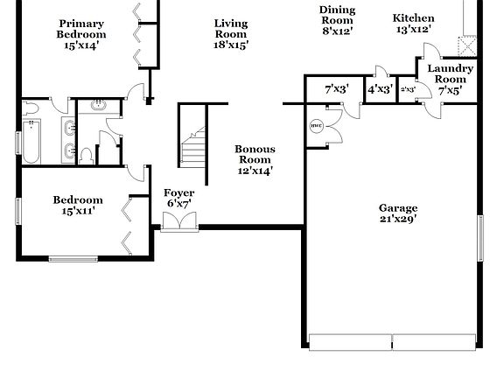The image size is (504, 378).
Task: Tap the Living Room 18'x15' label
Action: pyautogui.click(x=231, y=34)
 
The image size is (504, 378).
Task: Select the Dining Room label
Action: pyautogui.click(x=337, y=20)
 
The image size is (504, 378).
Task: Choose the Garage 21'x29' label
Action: pyautogui.click(x=398, y=213)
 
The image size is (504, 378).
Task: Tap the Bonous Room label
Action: pyautogui.click(x=255, y=160)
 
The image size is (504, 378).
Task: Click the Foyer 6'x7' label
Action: pyautogui.click(x=179, y=199)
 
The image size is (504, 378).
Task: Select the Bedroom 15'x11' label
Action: pyautogui.click(x=77, y=205)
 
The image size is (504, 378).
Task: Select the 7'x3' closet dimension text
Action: pyautogui.click(x=337, y=89)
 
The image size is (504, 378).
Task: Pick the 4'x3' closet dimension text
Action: pyautogui.click(x=379, y=89)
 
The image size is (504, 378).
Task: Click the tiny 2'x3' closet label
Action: pyautogui.click(x=408, y=89)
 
